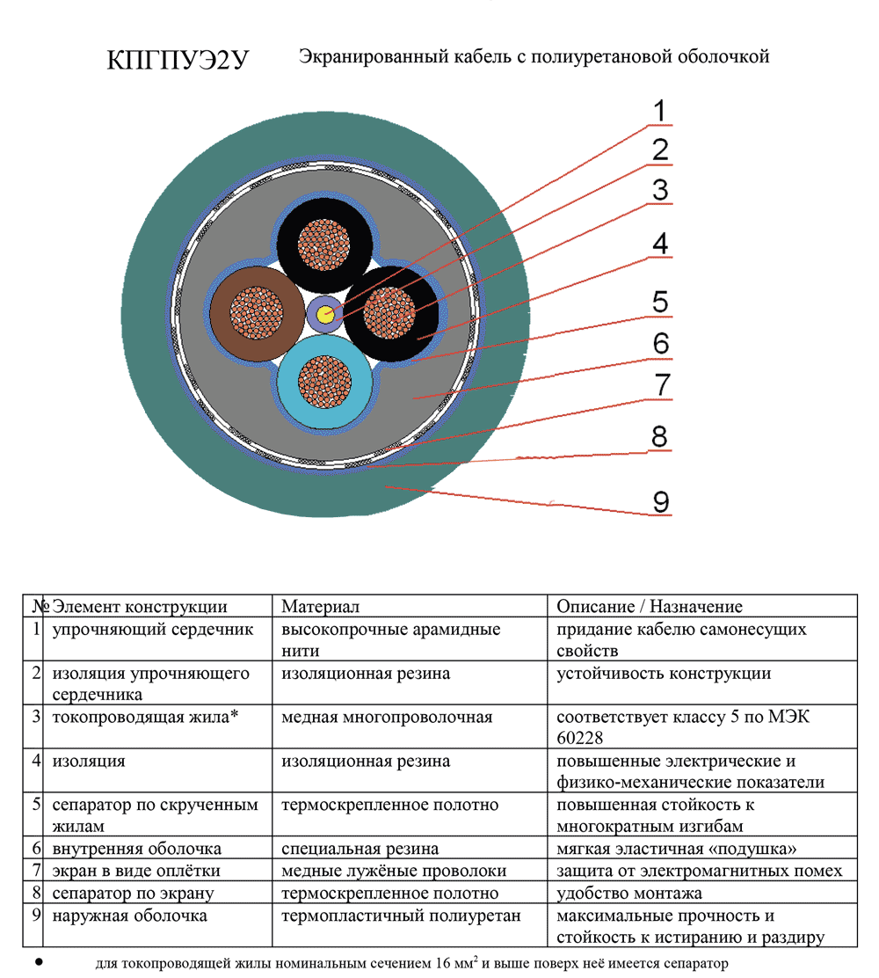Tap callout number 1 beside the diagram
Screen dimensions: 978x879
coord(660,112)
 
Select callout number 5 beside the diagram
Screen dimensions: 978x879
coord(660,302)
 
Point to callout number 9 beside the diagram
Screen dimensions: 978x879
coord(660,501)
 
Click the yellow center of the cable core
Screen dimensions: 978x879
coord(327,316)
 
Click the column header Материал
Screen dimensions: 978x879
coord(320,607)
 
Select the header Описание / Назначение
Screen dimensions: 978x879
coord(650,607)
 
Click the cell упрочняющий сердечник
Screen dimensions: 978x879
coord(153,630)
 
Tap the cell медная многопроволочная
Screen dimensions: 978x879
coord(386,717)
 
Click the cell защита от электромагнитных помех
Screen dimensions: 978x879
coord(700,871)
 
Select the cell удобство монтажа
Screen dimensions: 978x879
coord(629,894)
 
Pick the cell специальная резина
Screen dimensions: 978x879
coord(360,849)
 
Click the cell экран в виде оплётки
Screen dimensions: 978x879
coord(136,871)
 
